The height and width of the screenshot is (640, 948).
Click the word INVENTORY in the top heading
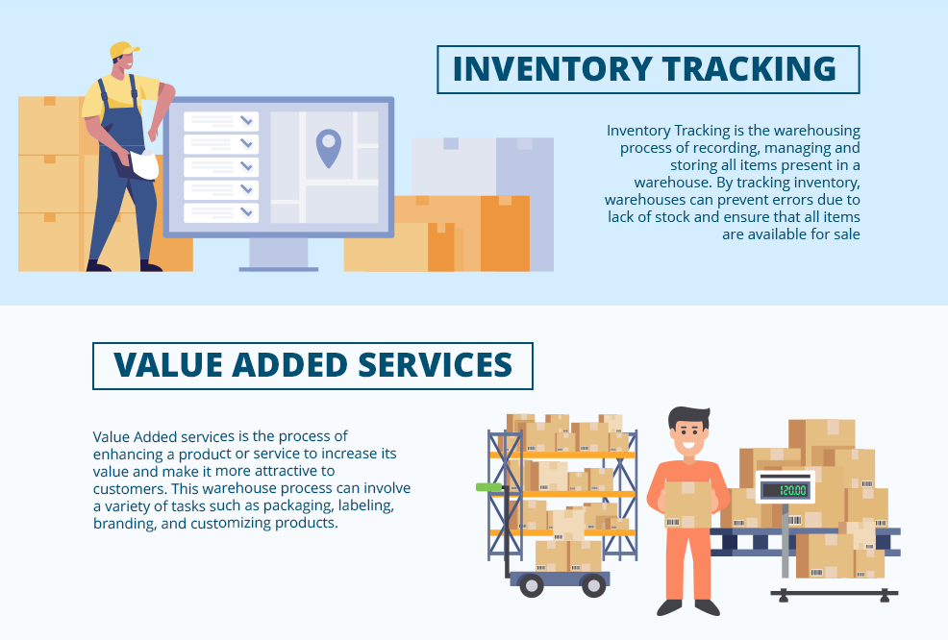[x=551, y=70]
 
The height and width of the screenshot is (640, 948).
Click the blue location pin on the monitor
[x=329, y=147]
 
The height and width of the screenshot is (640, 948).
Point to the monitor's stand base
[x=278, y=268]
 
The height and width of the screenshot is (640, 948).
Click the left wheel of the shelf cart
[x=530, y=585]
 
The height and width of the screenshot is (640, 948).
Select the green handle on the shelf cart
[x=489, y=487]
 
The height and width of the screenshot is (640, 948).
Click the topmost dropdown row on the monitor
[x=221, y=121]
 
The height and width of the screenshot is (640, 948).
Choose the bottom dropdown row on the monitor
[x=221, y=211]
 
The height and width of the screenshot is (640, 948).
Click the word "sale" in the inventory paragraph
[x=843, y=234]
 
